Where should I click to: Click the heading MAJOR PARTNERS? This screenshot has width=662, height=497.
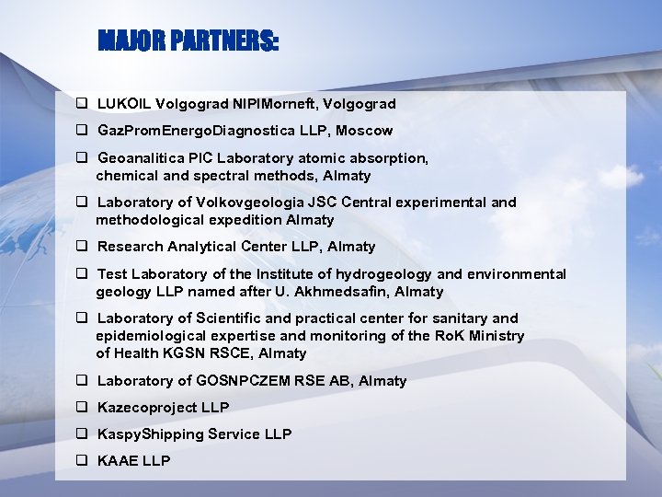pos(188,42)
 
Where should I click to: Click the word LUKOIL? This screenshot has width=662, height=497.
pos(123,104)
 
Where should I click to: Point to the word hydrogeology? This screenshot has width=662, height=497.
pos(383,274)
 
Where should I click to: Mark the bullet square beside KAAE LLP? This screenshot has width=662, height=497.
pos(82,460)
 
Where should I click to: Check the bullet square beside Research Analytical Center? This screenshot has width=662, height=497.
pos(82,246)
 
